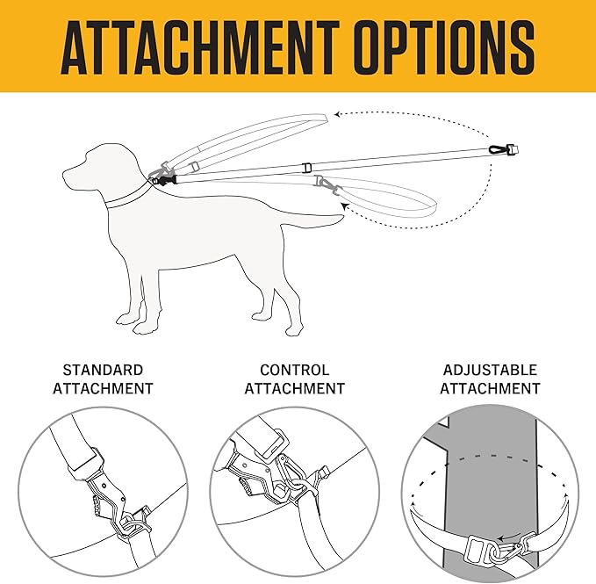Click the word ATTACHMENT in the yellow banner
click(x=200, y=47)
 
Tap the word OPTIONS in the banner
click(x=447, y=47)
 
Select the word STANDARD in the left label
click(x=103, y=370)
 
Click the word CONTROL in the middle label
click(x=295, y=370)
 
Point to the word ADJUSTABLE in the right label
click(x=490, y=370)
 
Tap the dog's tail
click(x=312, y=221)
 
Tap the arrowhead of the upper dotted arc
click(x=338, y=114)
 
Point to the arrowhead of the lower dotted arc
click(x=345, y=206)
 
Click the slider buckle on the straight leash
click(x=306, y=168)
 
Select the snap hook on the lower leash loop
click(x=327, y=184)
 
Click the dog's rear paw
click(x=295, y=329)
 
